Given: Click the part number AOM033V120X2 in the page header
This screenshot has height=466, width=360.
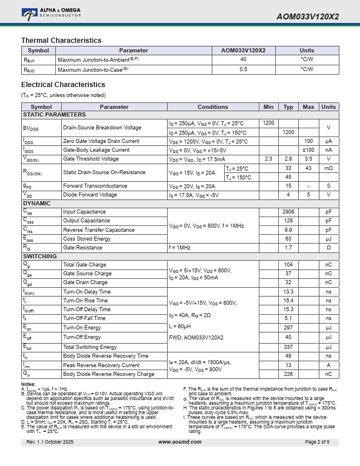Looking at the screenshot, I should (x=307, y=16).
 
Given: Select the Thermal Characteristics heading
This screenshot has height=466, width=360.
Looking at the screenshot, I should (x=61, y=41).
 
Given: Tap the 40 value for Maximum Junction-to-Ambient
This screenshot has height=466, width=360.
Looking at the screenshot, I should (x=243, y=59).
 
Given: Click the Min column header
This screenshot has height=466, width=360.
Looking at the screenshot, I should (x=268, y=107).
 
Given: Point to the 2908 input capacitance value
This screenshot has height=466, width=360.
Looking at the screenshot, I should (x=288, y=212).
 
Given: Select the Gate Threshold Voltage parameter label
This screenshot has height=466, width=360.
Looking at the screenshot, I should (x=91, y=159).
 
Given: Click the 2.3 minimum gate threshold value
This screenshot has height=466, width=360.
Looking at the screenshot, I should (x=268, y=159).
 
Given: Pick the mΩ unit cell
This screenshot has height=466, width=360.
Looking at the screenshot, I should (x=328, y=168).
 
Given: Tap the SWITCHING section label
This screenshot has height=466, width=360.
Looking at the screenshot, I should (x=39, y=257).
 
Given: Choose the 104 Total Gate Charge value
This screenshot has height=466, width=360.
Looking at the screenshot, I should (x=288, y=265).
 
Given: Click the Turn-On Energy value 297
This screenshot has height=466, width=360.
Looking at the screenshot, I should (x=288, y=328).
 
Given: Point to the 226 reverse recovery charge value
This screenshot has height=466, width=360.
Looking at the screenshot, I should (x=288, y=374).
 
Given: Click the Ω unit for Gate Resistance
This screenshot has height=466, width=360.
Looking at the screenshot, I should (x=328, y=248).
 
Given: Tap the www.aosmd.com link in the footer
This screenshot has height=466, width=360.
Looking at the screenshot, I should (x=179, y=442).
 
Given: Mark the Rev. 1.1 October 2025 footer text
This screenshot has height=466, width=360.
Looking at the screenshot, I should (x=50, y=442).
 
